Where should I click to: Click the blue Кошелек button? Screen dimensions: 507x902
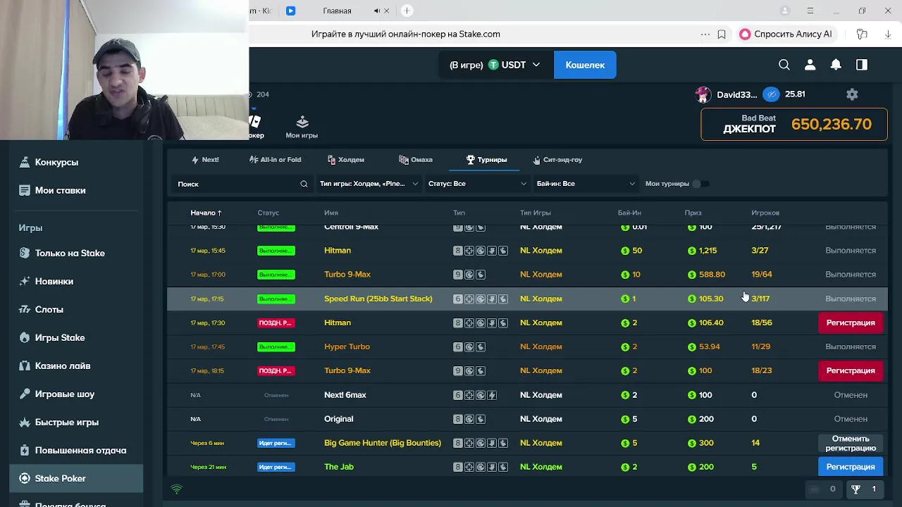585,65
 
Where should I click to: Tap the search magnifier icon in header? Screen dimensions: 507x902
784,65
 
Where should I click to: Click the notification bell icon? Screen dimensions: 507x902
836,65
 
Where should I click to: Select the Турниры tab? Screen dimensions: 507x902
486,160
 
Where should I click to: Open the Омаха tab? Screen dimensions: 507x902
416,160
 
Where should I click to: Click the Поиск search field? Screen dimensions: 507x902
236,184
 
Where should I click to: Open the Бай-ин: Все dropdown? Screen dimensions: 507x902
585,184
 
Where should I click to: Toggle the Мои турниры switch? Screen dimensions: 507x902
697,184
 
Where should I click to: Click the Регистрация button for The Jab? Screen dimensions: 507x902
850,467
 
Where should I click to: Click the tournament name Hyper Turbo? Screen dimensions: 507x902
347,346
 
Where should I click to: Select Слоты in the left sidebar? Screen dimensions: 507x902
49,309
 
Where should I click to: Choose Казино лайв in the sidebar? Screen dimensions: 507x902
63,365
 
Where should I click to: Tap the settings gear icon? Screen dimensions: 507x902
852,94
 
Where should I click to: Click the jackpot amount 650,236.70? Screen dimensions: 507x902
831,125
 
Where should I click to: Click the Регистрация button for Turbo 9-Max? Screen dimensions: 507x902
850,370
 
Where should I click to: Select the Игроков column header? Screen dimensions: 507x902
765,213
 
